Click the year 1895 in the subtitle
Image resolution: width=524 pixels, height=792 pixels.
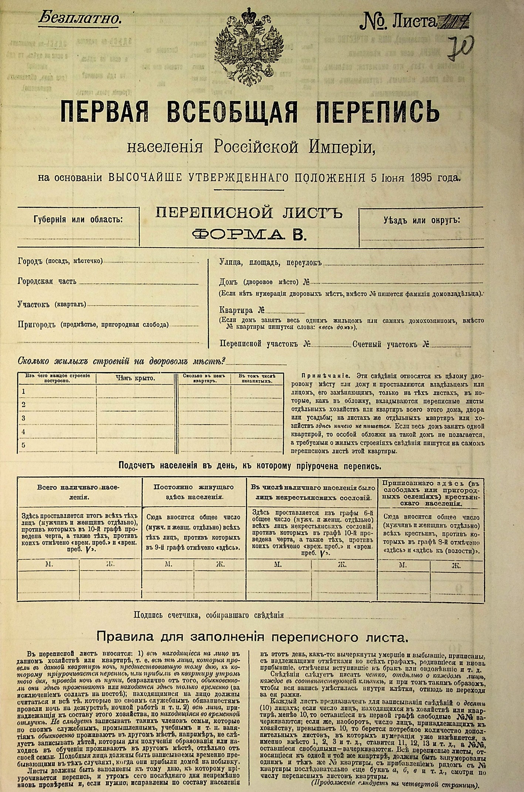point(421,178)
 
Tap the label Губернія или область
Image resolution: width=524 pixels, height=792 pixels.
point(78,219)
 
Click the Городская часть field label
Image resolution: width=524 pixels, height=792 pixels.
point(47,282)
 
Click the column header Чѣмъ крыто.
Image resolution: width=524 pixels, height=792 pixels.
point(135,378)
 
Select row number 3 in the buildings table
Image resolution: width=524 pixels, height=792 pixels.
point(24,418)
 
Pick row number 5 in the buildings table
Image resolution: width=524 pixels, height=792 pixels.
point(24,445)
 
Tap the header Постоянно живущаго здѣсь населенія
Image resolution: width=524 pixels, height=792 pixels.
point(193,492)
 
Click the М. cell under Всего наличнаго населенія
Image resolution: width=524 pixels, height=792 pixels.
point(49,565)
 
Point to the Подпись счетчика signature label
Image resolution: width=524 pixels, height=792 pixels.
point(209,615)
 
